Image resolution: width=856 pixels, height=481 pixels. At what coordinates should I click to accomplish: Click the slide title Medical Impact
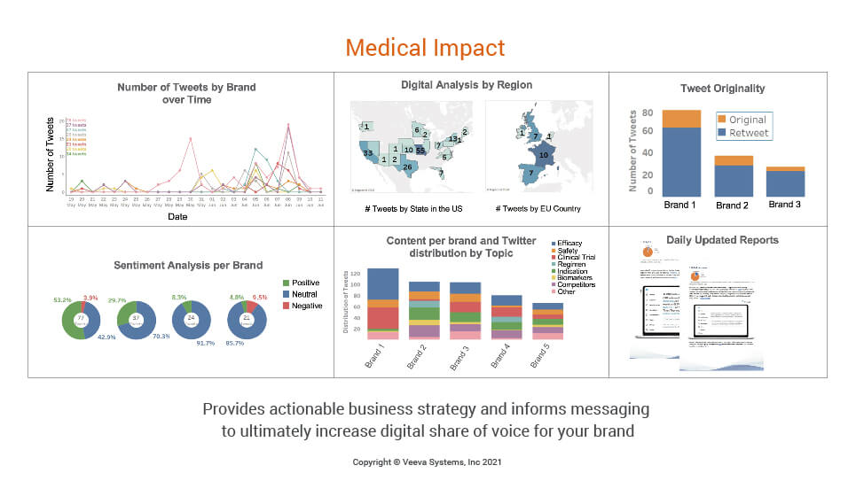coord(425,47)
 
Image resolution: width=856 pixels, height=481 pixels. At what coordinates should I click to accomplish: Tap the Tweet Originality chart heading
coord(722,89)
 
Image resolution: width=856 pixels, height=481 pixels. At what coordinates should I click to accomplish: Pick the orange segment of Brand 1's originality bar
coord(681,119)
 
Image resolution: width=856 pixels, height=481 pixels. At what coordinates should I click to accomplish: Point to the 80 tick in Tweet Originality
coord(648,113)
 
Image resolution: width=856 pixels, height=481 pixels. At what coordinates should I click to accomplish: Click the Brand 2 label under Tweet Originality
coord(732,206)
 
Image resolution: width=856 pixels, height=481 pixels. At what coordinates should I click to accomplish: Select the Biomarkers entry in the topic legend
coord(577,276)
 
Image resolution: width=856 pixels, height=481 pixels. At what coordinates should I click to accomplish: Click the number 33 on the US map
coord(367,153)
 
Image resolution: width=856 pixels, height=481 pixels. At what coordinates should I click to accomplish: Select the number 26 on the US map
coord(407,167)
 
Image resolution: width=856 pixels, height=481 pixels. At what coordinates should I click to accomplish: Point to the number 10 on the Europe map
coord(544,154)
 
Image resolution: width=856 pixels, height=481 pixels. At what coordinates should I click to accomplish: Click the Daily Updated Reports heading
coord(722,240)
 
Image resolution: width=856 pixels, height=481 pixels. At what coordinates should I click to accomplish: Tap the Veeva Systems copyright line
coord(428,462)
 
